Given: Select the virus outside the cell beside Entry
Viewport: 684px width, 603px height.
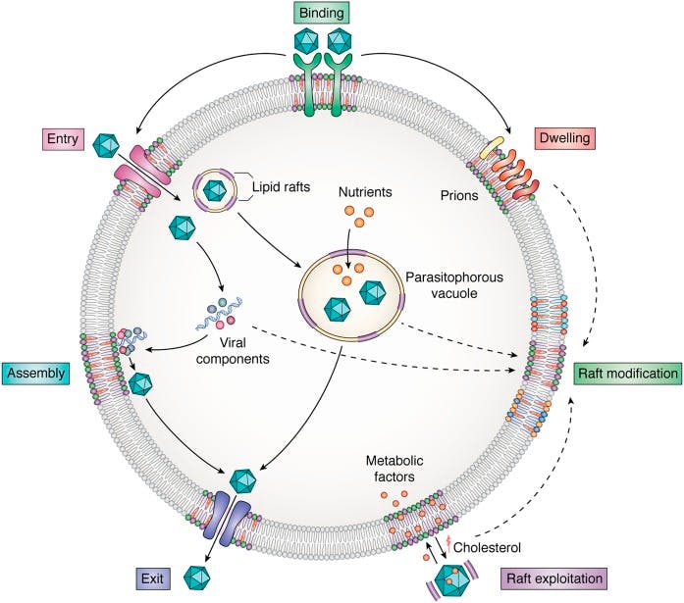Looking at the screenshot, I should [106, 147].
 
